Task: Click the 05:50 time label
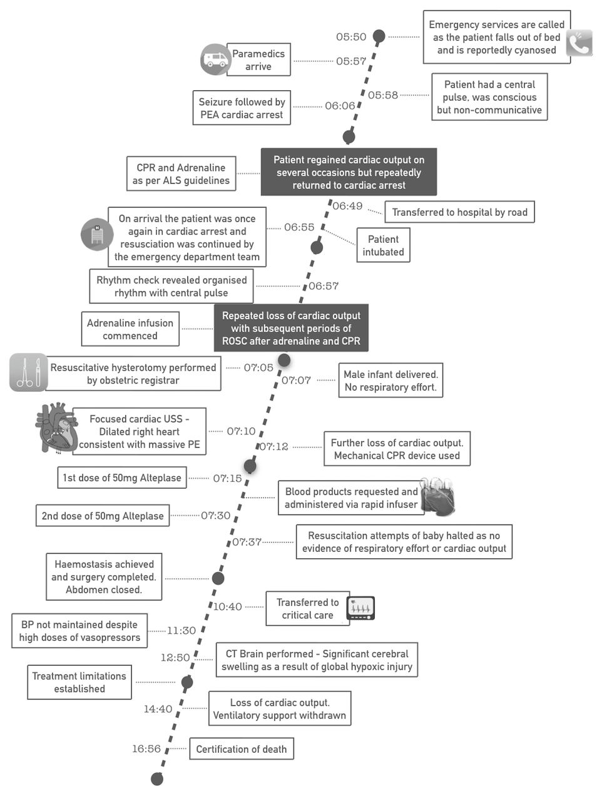351,37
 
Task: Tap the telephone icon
579,43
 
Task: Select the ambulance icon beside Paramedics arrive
215,59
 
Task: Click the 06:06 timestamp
340,106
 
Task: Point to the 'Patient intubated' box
383,245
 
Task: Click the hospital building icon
97,235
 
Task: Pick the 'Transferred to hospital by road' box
459,212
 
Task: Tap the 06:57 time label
324,286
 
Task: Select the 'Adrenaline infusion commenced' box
130,329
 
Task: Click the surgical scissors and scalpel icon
28,372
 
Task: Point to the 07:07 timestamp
296,380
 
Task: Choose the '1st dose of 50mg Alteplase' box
122,477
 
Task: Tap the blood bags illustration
437,497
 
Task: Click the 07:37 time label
247,542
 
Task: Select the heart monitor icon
360,608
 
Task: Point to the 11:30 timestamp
181,631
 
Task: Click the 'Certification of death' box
242,749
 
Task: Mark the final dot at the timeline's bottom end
157,779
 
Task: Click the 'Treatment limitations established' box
79,682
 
